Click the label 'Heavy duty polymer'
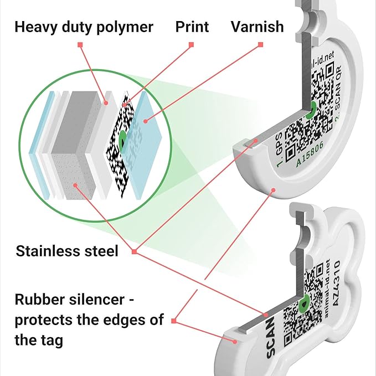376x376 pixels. (84, 26)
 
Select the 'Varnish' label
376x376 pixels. (257, 26)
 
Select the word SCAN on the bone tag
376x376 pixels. (272, 328)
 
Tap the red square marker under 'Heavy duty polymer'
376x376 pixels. (80, 44)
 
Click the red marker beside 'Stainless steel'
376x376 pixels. (134, 252)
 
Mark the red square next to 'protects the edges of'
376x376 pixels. (174, 320)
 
